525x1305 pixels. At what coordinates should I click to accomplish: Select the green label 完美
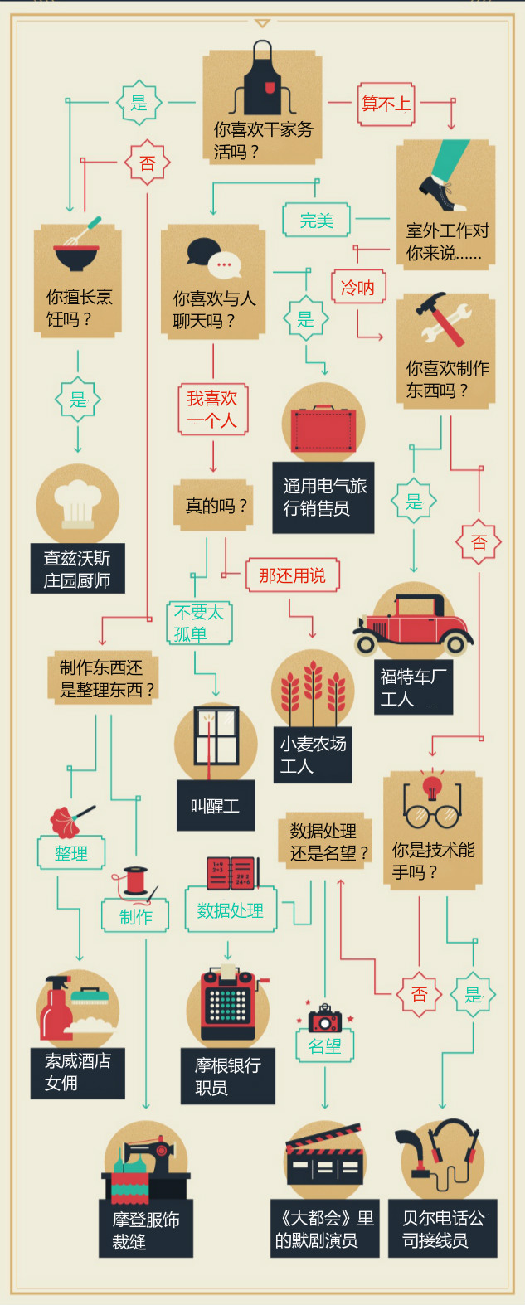coord(316,221)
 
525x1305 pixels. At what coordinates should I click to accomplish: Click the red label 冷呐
coord(357,288)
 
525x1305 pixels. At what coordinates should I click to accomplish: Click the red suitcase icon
coord(323,429)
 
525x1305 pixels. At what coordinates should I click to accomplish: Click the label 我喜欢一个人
coord(212,410)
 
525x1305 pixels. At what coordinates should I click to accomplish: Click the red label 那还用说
coord(292,575)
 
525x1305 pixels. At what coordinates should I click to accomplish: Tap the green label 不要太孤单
coord(198,623)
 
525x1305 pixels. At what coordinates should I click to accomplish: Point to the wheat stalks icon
coord(312,692)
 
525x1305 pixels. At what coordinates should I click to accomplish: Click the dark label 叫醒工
coord(215,805)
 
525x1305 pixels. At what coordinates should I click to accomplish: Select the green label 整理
coord(71,853)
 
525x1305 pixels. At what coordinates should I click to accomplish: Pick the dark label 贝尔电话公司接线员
coord(444,1229)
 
